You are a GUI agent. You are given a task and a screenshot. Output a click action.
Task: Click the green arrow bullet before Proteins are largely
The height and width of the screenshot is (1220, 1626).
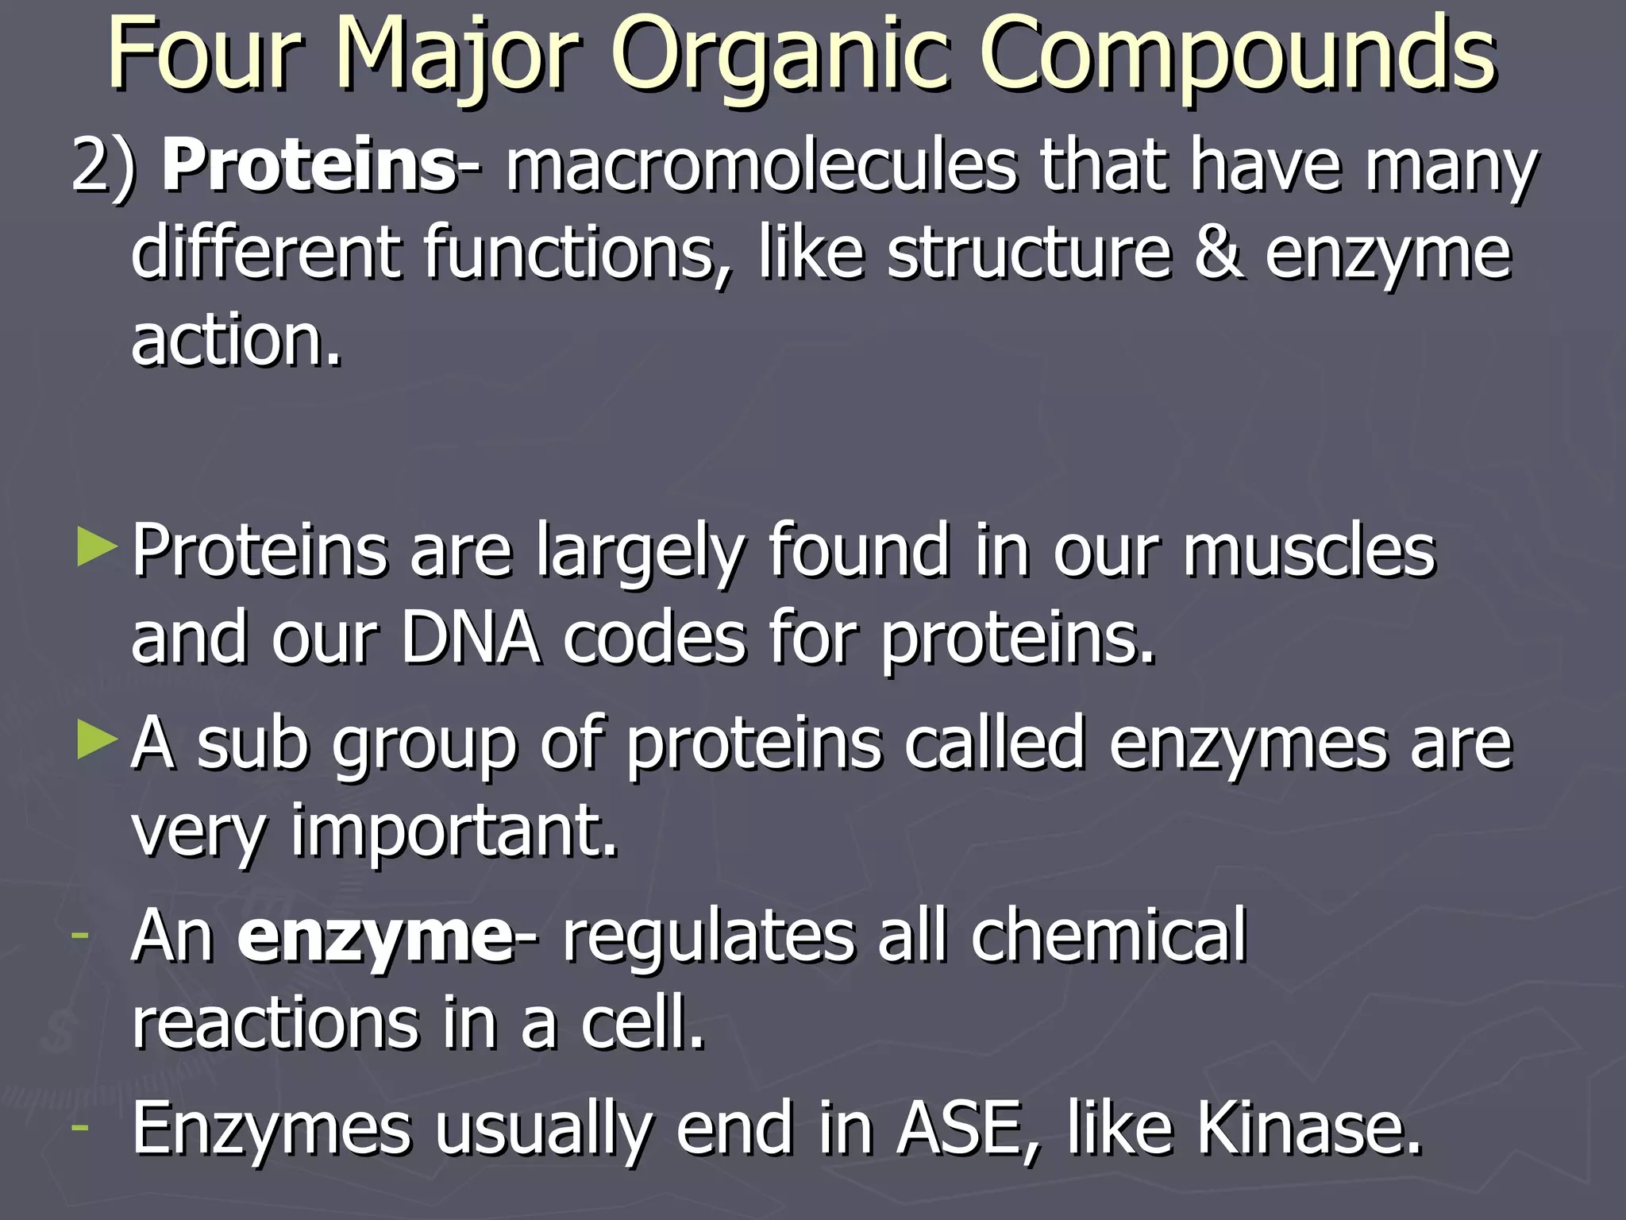97,550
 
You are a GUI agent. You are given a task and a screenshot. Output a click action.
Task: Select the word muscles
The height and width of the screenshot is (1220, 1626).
1309,551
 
